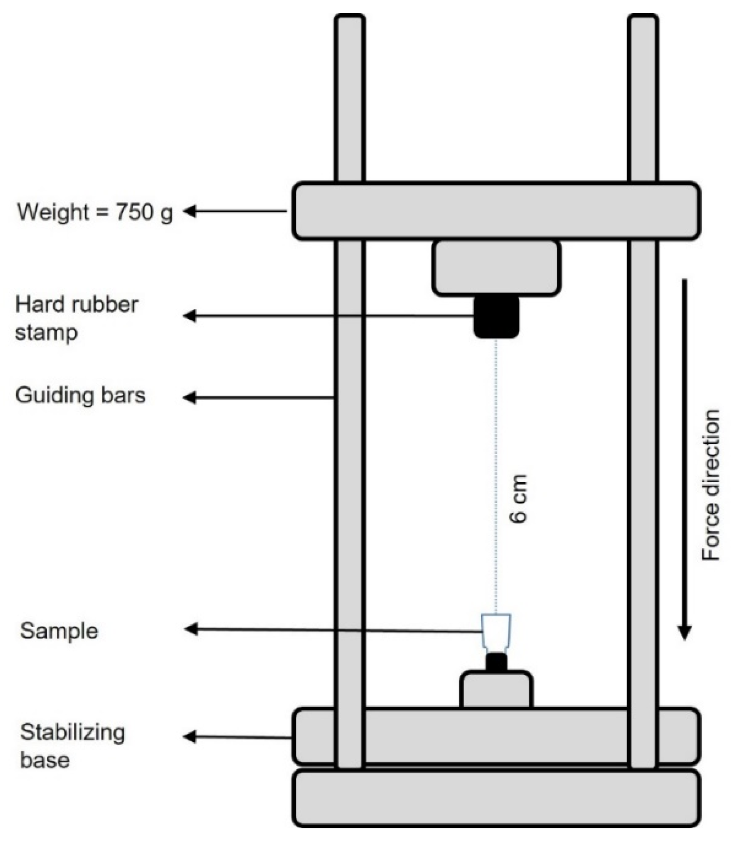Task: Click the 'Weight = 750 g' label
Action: [x=95, y=212]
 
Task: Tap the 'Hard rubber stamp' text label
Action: [x=77, y=318]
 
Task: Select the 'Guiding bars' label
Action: [x=81, y=396]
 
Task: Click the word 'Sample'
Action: [x=59, y=631]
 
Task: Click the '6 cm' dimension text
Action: [x=518, y=498]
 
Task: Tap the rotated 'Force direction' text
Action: [x=711, y=485]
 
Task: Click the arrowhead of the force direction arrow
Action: [x=684, y=632]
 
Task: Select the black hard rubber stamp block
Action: [x=496, y=316]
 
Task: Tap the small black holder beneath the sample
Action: [x=496, y=662]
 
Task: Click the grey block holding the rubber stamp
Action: [x=496, y=268]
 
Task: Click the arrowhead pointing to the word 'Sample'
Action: [x=191, y=629]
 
